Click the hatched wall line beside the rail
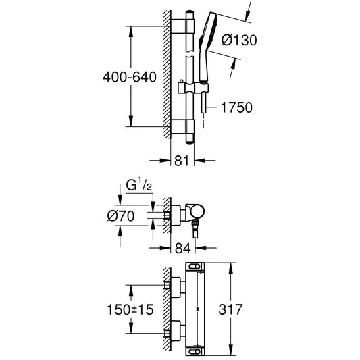(165, 74)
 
